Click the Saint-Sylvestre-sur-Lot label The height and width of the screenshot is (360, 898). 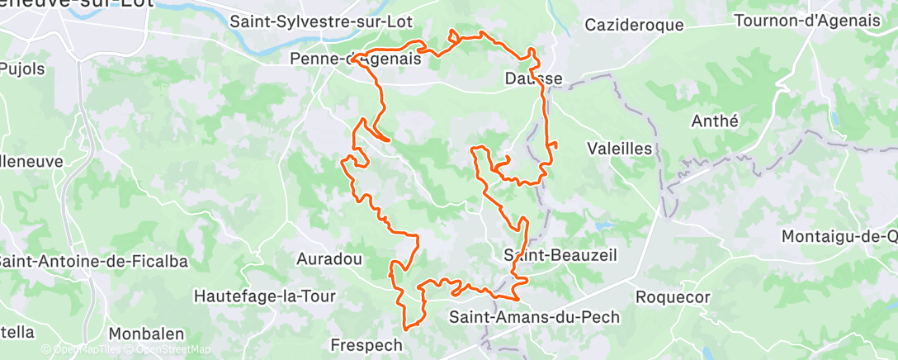(321, 21)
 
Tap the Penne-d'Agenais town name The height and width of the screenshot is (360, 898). (356, 59)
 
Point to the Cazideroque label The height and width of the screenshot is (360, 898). (634, 25)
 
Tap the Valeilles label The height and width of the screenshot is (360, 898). (619, 149)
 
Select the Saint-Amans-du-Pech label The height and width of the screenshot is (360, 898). (534, 316)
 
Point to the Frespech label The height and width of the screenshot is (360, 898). (366, 344)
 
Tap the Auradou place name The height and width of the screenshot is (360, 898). (329, 259)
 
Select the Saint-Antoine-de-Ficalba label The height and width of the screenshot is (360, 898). (92, 262)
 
